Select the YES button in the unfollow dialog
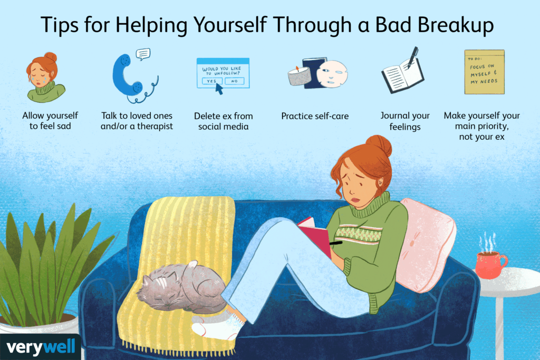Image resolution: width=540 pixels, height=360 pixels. [x=211, y=81]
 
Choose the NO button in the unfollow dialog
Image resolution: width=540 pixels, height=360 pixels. [x=234, y=81]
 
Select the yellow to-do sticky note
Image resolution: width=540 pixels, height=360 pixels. [x=484, y=72]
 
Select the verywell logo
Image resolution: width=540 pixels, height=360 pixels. [x=41, y=347]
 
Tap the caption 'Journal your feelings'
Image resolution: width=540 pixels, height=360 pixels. [x=405, y=121]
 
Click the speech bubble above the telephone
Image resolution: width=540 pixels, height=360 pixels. [x=143, y=53]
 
